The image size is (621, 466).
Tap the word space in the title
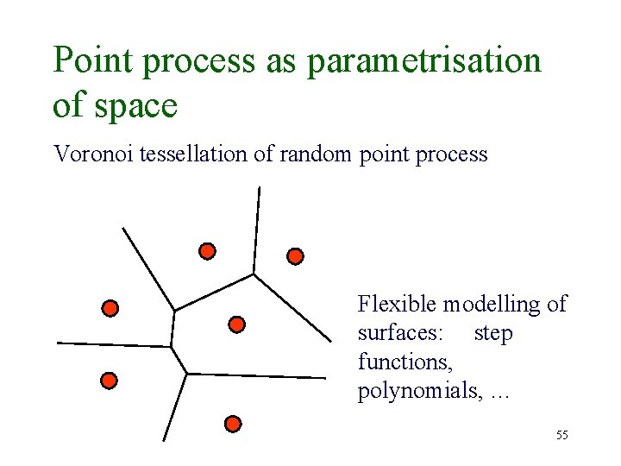134,105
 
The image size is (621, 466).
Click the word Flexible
398,304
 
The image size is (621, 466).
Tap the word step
493,333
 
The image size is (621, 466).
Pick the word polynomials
420,393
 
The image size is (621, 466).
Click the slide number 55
561,435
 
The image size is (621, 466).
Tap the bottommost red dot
232,424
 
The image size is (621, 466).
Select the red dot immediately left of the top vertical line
207,251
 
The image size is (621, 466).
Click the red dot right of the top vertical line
295,256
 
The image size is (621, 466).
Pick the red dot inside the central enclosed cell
237,324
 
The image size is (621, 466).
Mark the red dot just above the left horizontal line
110,308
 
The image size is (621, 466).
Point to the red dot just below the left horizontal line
109,380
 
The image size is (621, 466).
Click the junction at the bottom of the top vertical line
254,274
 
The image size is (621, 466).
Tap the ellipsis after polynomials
499,394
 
